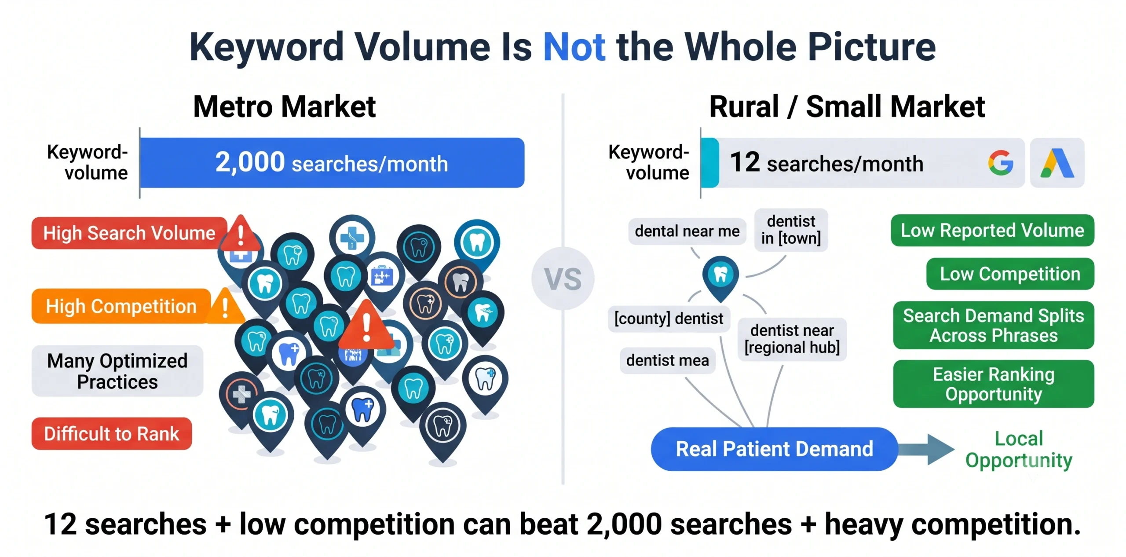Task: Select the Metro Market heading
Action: pos(285,106)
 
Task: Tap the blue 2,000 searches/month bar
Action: pos(332,163)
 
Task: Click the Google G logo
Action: pos(1001,163)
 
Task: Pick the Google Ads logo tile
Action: pos(1057,163)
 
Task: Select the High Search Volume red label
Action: pos(129,233)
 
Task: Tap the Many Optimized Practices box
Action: pos(117,371)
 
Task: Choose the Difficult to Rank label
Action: pos(112,434)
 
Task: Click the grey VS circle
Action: pos(563,278)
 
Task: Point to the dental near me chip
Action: pos(687,231)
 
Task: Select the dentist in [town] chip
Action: pos(791,230)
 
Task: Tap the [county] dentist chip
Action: pos(669,318)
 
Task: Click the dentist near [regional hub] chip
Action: pos(792,339)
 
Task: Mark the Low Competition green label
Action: pos(1010,274)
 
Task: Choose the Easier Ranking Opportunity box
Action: pos(994,384)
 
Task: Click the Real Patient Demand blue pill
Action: pos(774,449)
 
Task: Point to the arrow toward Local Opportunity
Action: pos(926,449)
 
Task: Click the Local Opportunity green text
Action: pos(1019,450)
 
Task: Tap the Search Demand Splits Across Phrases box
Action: pos(994,325)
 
